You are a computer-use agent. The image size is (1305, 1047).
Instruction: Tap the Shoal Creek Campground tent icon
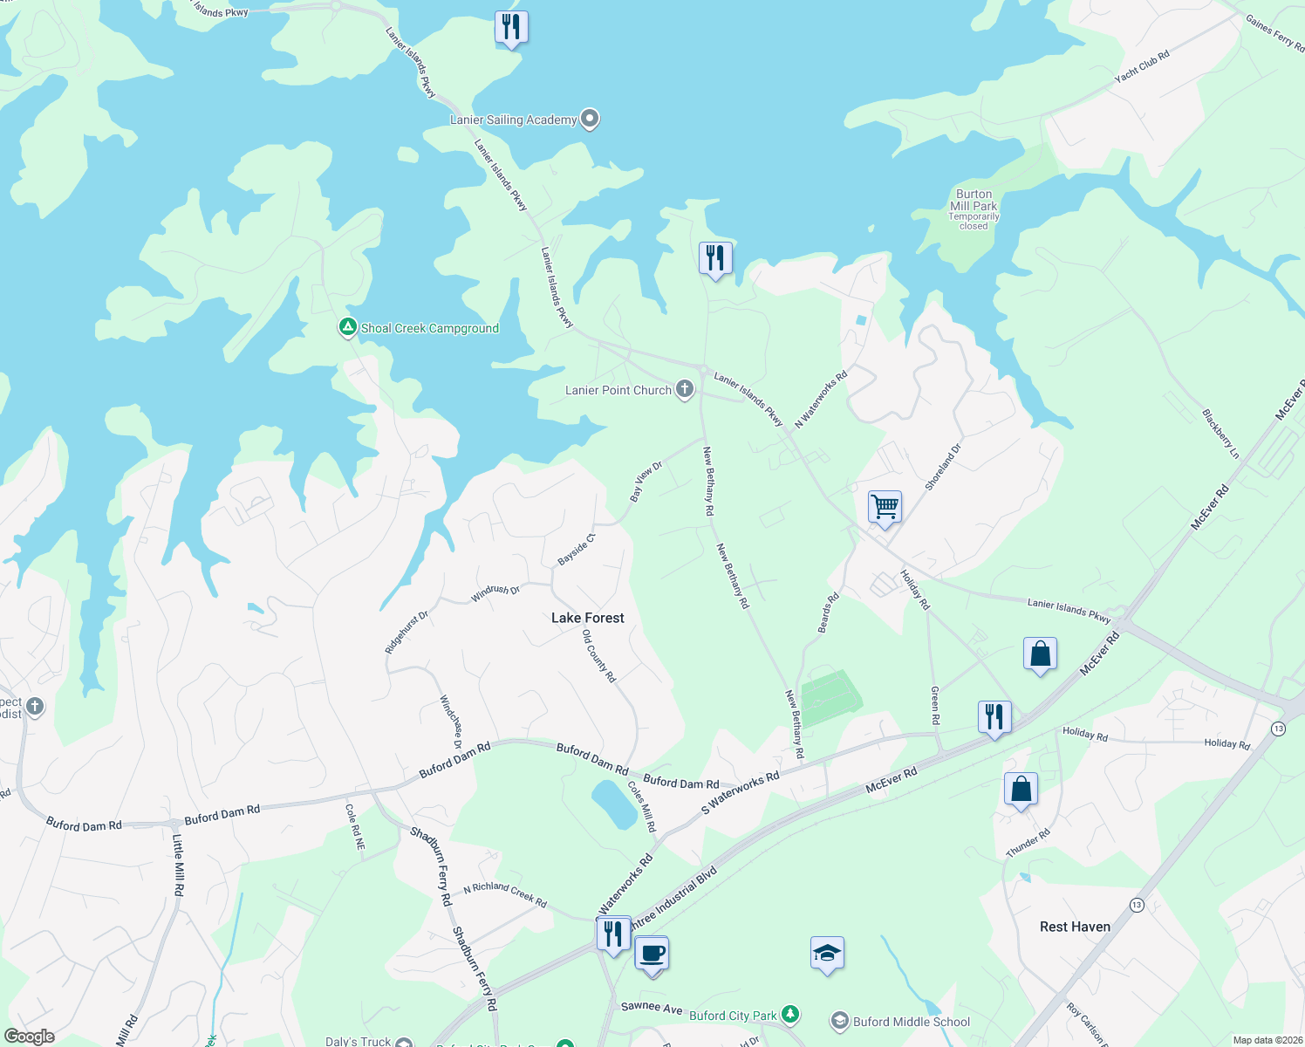tap(347, 327)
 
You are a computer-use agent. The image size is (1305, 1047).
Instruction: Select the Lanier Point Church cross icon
tap(685, 389)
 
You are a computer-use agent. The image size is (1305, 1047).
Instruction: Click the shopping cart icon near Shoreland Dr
tap(885, 506)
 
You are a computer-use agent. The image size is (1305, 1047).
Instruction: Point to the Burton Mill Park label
tap(974, 201)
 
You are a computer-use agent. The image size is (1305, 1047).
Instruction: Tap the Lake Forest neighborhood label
tap(588, 618)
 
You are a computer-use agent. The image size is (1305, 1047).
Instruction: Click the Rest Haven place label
tap(1075, 927)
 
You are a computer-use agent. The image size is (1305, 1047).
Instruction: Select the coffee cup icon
tap(652, 952)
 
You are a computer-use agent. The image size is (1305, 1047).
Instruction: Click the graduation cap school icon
tap(826, 953)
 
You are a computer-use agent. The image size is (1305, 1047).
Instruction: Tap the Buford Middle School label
tap(912, 1022)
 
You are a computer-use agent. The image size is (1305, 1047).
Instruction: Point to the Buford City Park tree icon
tap(790, 1014)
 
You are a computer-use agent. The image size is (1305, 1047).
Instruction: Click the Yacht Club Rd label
tap(1141, 67)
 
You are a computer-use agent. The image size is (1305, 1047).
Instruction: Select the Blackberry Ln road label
tap(1220, 434)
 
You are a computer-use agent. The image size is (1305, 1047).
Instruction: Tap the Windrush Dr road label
tap(495, 593)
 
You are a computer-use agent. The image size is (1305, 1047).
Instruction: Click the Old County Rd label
tap(599, 656)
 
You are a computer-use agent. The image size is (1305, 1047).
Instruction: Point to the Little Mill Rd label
tap(178, 866)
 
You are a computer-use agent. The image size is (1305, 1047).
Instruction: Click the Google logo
tap(30, 1037)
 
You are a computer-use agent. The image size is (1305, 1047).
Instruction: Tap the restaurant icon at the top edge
tap(511, 27)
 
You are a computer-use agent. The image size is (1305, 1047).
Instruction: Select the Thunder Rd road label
tap(1028, 843)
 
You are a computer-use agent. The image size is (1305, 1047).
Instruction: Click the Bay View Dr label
tap(646, 481)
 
